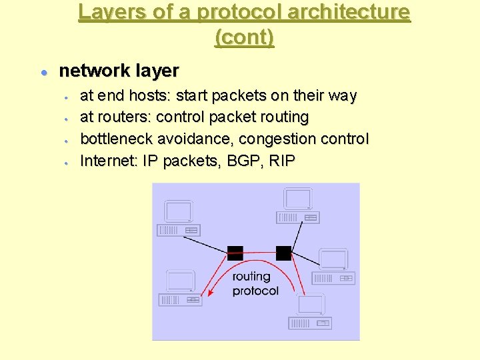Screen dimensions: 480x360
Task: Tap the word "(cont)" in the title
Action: click(244, 37)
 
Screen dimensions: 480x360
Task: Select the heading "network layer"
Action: click(119, 71)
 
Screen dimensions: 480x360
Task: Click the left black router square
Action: click(235, 253)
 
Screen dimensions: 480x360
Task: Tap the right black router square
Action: click(283, 253)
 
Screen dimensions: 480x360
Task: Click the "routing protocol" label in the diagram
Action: click(255, 283)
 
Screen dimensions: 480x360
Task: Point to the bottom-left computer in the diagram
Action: click(180, 288)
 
